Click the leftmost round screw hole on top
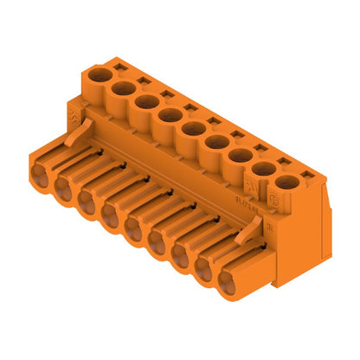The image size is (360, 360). pos(101,74)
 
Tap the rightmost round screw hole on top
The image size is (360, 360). pos(285,183)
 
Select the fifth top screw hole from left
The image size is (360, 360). pos(192,129)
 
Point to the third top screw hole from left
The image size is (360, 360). pos(145,101)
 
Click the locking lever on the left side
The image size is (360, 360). pos(80,132)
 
